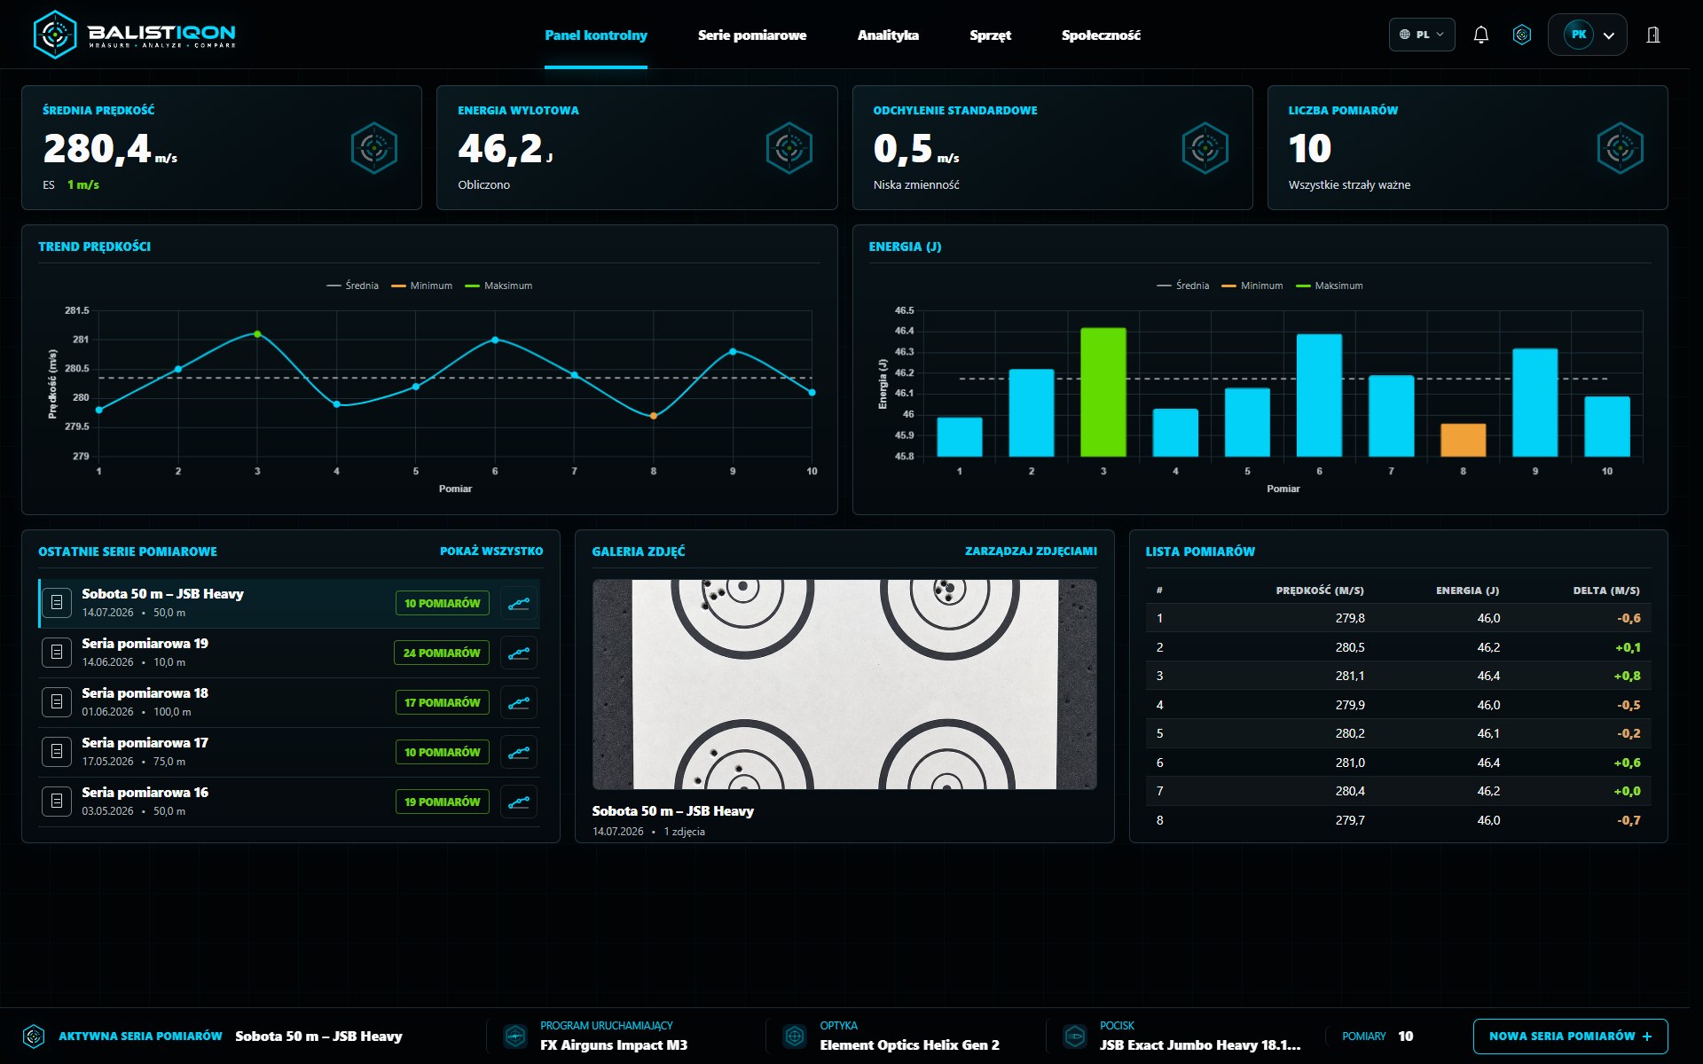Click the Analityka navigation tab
click(x=888, y=35)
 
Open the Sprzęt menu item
click(x=990, y=35)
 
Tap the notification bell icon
click(x=1480, y=35)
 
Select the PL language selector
click(x=1422, y=35)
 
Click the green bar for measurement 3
click(x=1103, y=392)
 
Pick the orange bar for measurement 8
click(x=1463, y=440)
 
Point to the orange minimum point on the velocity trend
click(x=654, y=416)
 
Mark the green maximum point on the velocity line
click(x=257, y=334)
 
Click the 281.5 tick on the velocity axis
click(x=77, y=310)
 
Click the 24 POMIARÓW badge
click(x=442, y=653)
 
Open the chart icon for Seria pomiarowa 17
click(x=519, y=752)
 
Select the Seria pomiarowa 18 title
click(x=145, y=693)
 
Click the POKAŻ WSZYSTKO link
click(x=491, y=552)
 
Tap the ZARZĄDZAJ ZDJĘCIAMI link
click(x=1031, y=552)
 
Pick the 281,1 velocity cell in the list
click(x=1350, y=676)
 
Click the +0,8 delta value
click(x=1627, y=676)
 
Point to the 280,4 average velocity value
click(x=98, y=148)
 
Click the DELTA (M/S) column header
click(x=1606, y=591)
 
